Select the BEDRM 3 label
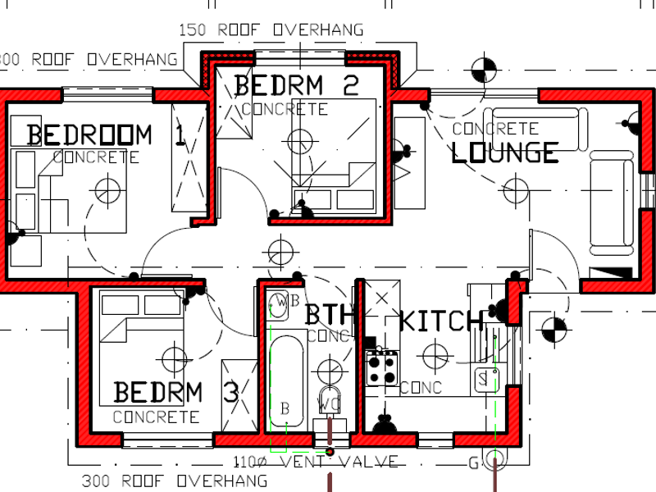(x=175, y=393)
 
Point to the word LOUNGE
(x=505, y=152)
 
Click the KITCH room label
(x=440, y=321)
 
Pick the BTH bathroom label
(x=329, y=314)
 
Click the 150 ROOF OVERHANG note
(x=271, y=30)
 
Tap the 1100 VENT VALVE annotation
(x=316, y=462)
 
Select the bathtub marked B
(x=285, y=381)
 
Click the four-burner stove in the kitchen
(x=381, y=367)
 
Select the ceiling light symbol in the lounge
(x=515, y=192)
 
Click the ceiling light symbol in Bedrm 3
(x=175, y=358)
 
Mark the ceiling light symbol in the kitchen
(x=432, y=355)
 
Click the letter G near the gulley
(x=473, y=463)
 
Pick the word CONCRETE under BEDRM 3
(x=156, y=417)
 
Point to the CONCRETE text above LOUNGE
(x=495, y=129)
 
